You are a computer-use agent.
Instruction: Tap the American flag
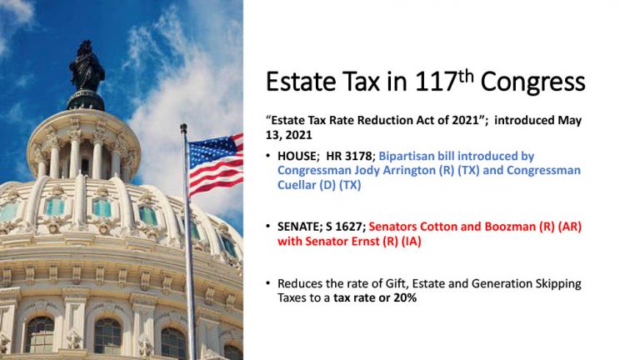pyautogui.click(x=216, y=164)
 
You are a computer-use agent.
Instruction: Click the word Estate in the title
pyautogui.click(x=302, y=82)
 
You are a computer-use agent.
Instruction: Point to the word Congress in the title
pyautogui.click(x=532, y=83)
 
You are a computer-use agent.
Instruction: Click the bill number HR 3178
pyautogui.click(x=349, y=157)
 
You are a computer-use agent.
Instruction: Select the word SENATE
pyautogui.click(x=300, y=227)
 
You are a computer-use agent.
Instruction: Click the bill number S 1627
pyautogui.click(x=345, y=227)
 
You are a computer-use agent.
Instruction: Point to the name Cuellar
pyautogui.click(x=297, y=185)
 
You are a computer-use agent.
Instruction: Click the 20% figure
pyautogui.click(x=405, y=298)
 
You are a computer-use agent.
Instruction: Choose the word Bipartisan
pyautogui.click(x=406, y=157)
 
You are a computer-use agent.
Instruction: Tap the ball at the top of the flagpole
pyautogui.click(x=183, y=127)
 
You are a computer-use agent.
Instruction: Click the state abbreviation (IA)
pyautogui.click(x=412, y=242)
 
